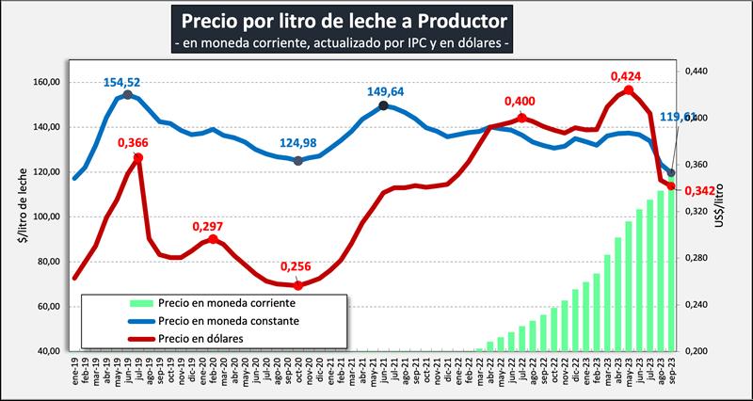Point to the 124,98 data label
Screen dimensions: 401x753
point(298,144)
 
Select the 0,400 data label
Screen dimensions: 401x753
point(521,102)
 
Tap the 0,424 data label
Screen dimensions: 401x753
point(628,75)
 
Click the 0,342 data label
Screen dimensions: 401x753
point(697,192)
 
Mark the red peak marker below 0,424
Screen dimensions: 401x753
point(628,90)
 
